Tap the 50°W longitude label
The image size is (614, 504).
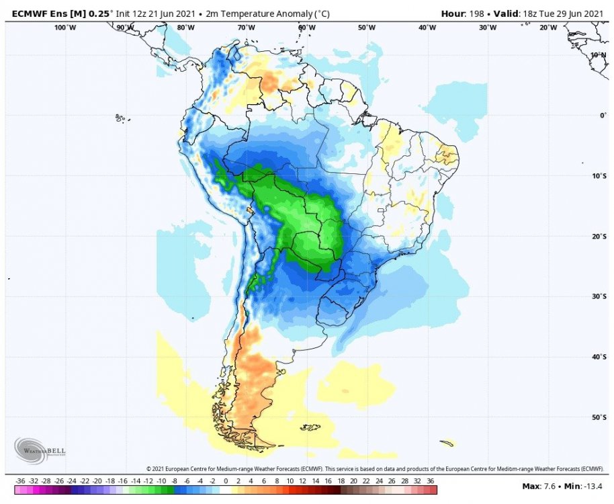click(367, 28)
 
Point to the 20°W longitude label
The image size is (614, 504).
click(548, 28)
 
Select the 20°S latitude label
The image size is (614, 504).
click(599, 237)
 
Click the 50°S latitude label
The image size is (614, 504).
click(599, 418)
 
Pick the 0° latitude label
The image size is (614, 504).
click(603, 116)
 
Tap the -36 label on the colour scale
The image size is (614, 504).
click(20, 482)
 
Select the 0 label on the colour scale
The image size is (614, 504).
click(226, 482)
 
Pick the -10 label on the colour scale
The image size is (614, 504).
click(161, 482)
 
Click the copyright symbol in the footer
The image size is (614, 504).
click(148, 468)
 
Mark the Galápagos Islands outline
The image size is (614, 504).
click(121, 118)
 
